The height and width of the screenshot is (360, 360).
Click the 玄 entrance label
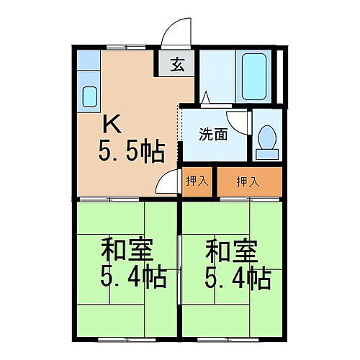[176, 65]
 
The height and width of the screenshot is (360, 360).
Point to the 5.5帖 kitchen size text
[132, 152]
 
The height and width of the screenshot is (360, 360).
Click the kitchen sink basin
[90, 96]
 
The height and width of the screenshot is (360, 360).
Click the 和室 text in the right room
[229, 251]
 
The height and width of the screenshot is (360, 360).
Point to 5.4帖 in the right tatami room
[238, 278]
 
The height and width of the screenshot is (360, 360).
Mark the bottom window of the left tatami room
[126, 338]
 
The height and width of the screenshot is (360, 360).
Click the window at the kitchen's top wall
[126, 47]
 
